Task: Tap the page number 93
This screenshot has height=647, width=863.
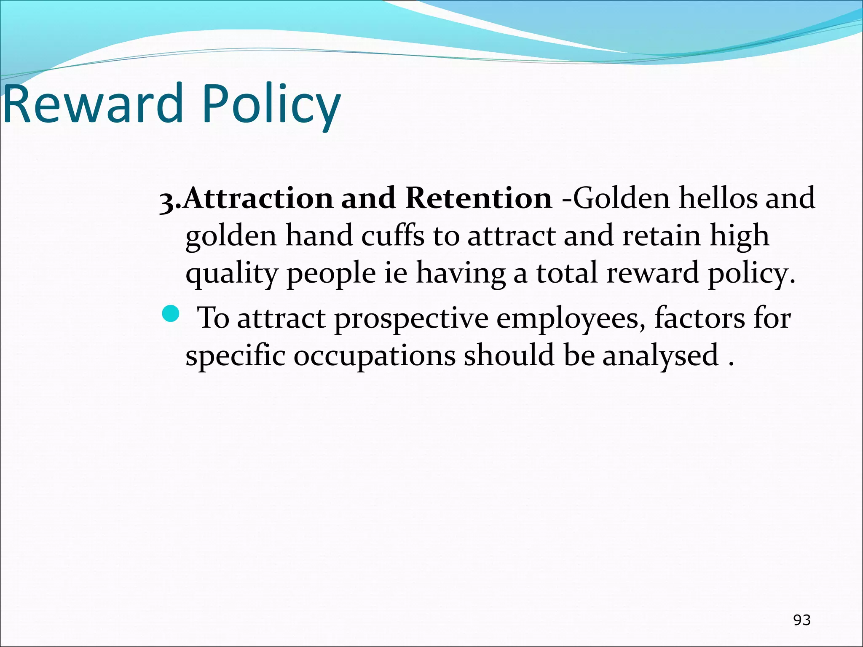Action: [x=802, y=620]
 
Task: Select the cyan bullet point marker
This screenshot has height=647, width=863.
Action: [x=171, y=314]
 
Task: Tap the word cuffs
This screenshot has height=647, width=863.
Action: [x=392, y=235]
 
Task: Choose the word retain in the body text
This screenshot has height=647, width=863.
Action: [x=662, y=235]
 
